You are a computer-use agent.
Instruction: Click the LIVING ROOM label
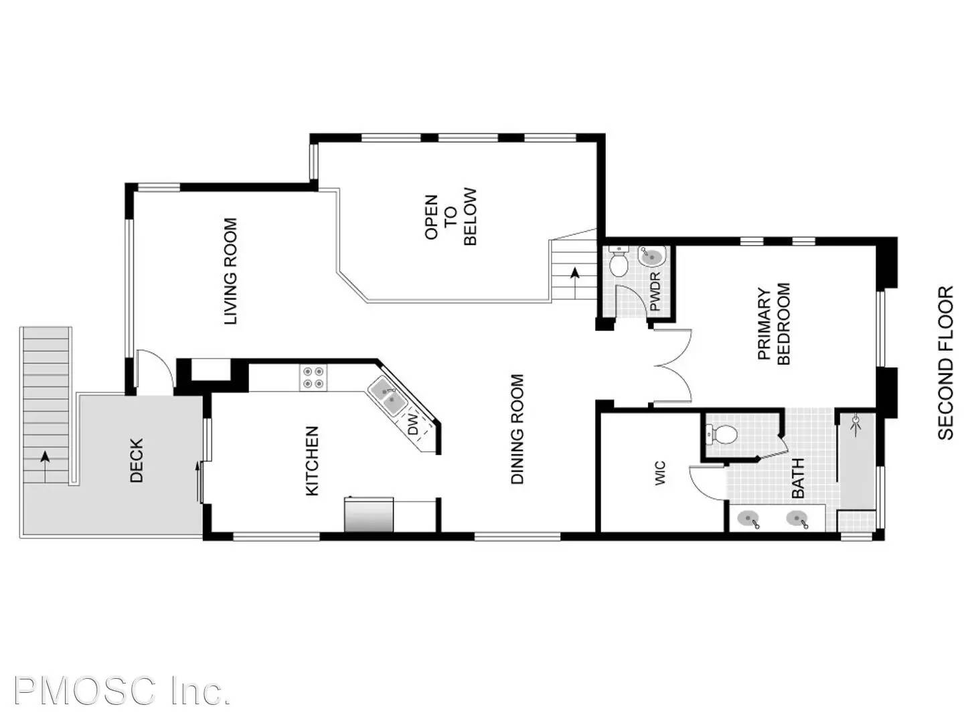tap(230, 271)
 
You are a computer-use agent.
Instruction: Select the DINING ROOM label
tap(517, 428)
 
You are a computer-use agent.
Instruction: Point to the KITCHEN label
tap(312, 461)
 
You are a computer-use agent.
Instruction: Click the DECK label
tap(137, 461)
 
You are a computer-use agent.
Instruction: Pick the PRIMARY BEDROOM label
tap(774, 324)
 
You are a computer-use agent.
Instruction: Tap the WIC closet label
tap(660, 473)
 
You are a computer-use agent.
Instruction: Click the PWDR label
tap(655, 291)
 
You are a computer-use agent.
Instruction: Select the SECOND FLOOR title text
tap(945, 362)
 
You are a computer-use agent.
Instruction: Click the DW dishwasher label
tap(413, 424)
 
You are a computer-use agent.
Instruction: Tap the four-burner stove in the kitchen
tap(313, 377)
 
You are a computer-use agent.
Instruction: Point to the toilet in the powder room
tap(619, 262)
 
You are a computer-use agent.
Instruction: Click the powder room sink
tap(652, 256)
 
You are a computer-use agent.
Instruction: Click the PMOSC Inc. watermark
tap(122, 691)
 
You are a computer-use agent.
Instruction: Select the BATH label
tap(798, 477)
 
